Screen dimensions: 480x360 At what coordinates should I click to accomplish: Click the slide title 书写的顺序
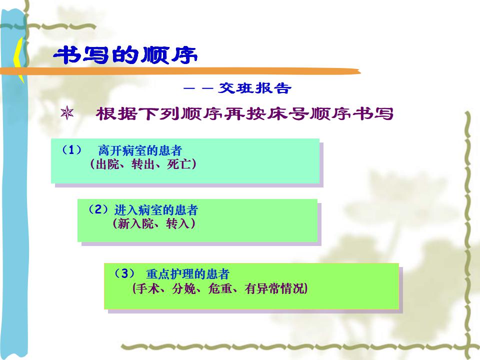(x=125, y=55)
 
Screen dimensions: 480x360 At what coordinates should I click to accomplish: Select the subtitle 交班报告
(x=254, y=88)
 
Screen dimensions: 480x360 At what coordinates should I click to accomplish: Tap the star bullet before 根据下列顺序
(x=67, y=113)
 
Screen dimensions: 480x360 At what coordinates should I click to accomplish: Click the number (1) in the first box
(x=72, y=150)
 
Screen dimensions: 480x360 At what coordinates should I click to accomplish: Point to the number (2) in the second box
(x=98, y=209)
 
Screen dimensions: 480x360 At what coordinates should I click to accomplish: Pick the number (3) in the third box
(x=124, y=273)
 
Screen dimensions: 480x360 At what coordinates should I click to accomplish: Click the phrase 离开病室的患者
(x=140, y=150)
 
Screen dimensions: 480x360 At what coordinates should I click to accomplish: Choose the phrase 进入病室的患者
(x=156, y=210)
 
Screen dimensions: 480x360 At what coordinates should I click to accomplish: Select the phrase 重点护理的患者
(x=187, y=274)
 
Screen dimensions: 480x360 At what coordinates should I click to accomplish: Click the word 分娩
(x=183, y=288)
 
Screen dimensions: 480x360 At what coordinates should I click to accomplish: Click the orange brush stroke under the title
(x=180, y=71)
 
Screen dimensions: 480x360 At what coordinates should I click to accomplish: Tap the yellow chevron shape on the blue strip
(x=18, y=59)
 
